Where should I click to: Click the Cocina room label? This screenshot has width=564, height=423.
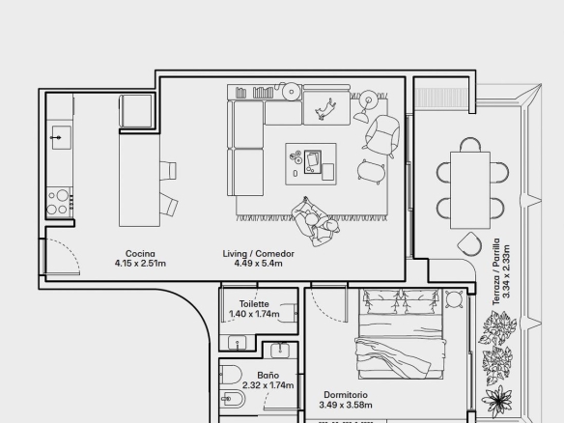click(x=140, y=254)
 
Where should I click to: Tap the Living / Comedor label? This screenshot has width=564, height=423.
click(x=258, y=254)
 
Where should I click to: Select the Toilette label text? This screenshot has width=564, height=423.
click(x=254, y=304)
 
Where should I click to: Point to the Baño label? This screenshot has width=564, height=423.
click(x=268, y=376)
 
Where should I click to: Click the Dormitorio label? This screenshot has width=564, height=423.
click(x=346, y=395)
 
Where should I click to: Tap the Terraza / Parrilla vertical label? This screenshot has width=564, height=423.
click(x=496, y=271)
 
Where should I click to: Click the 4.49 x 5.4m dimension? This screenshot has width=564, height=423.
click(x=258, y=264)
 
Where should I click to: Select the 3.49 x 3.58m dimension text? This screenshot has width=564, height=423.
click(x=346, y=405)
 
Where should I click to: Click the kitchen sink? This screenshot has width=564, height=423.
click(x=61, y=137)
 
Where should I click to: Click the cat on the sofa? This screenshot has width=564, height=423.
click(x=325, y=108)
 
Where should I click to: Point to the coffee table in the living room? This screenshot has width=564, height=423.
click(x=311, y=164)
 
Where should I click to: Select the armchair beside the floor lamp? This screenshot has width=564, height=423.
click(x=381, y=136)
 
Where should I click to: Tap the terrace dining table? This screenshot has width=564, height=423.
click(x=470, y=190)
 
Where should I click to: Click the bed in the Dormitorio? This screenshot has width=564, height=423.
click(x=400, y=334)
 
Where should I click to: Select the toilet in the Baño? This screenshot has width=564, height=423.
click(x=231, y=375)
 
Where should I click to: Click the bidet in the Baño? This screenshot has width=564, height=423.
click(x=233, y=399)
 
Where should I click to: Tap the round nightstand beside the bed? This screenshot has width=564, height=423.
click(x=454, y=299)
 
